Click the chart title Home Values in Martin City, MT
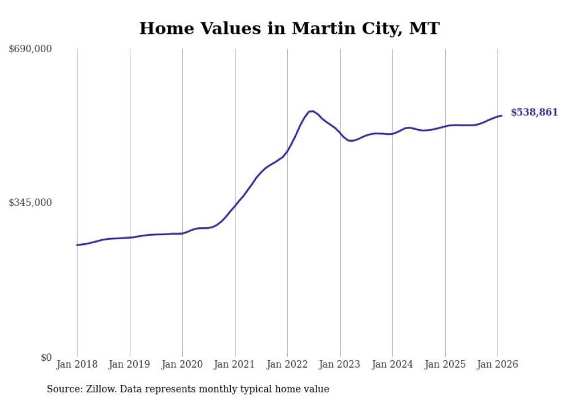(x=289, y=28)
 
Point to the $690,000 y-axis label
(x=30, y=49)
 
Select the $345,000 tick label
(x=30, y=203)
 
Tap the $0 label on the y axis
(x=46, y=357)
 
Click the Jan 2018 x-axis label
(x=77, y=365)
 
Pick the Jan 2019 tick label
(x=130, y=365)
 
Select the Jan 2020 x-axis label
(x=182, y=365)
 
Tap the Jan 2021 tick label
(x=235, y=365)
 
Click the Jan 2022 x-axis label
(x=287, y=365)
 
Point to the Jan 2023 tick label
(x=340, y=365)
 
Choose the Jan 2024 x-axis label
(x=392, y=365)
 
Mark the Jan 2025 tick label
(x=445, y=365)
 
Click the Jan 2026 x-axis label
(x=498, y=365)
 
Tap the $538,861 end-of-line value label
(x=534, y=112)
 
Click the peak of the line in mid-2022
(x=311, y=111)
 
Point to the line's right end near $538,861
(x=502, y=116)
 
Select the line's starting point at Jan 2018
(x=77, y=245)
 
